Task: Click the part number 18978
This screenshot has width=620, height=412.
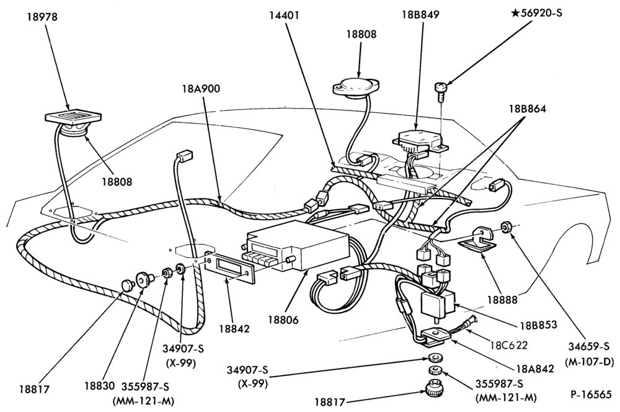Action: tap(42, 17)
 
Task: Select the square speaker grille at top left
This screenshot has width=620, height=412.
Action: tap(74, 117)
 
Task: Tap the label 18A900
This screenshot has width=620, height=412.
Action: tap(201, 89)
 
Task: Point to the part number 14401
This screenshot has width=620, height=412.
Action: tap(285, 16)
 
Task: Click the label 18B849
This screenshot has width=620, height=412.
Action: tap(421, 15)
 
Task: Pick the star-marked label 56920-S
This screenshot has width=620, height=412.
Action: tap(536, 13)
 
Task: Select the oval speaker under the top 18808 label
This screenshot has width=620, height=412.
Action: tap(356, 87)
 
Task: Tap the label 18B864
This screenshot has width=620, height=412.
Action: tap(527, 109)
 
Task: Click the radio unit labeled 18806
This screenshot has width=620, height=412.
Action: tap(298, 246)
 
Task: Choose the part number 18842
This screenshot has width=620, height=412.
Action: tap(235, 329)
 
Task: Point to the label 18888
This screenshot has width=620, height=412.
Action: tap(502, 300)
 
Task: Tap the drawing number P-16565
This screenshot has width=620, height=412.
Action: tap(591, 395)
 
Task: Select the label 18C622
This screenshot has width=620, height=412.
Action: tap(509, 345)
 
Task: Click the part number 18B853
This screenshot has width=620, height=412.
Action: tap(539, 325)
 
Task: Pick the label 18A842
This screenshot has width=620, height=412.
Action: tap(535, 369)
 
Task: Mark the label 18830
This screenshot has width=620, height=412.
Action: tap(99, 385)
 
